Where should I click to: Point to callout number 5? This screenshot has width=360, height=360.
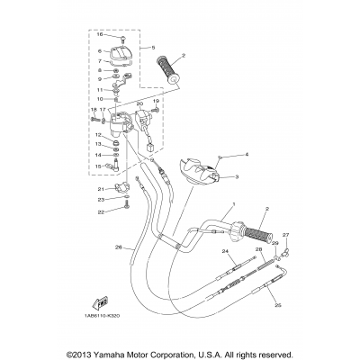coord(153,47)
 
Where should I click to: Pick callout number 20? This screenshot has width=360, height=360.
coord(139,104)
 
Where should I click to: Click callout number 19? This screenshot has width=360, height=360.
coord(156,101)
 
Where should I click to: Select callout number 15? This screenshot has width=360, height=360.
coord(98,166)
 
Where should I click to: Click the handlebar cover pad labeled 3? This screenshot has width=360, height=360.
coord(199,171)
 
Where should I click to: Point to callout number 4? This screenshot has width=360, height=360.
coord(246,155)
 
